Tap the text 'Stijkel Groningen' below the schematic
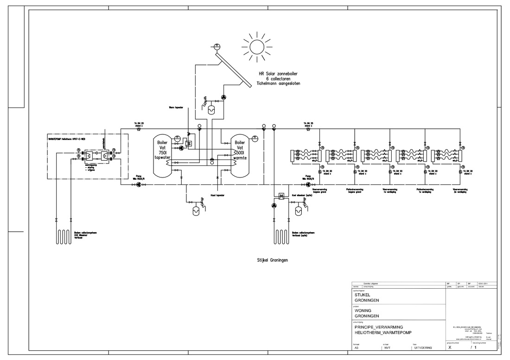[x=273, y=260]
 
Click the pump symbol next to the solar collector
[x=223, y=97]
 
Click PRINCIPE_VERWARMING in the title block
[x=378, y=327]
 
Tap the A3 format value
[x=357, y=347]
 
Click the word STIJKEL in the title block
[x=363, y=294]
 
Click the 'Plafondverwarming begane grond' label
[x=354, y=190]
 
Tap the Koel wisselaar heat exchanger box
[x=281, y=197]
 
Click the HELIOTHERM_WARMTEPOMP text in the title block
[x=382, y=333]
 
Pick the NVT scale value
[x=388, y=347]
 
